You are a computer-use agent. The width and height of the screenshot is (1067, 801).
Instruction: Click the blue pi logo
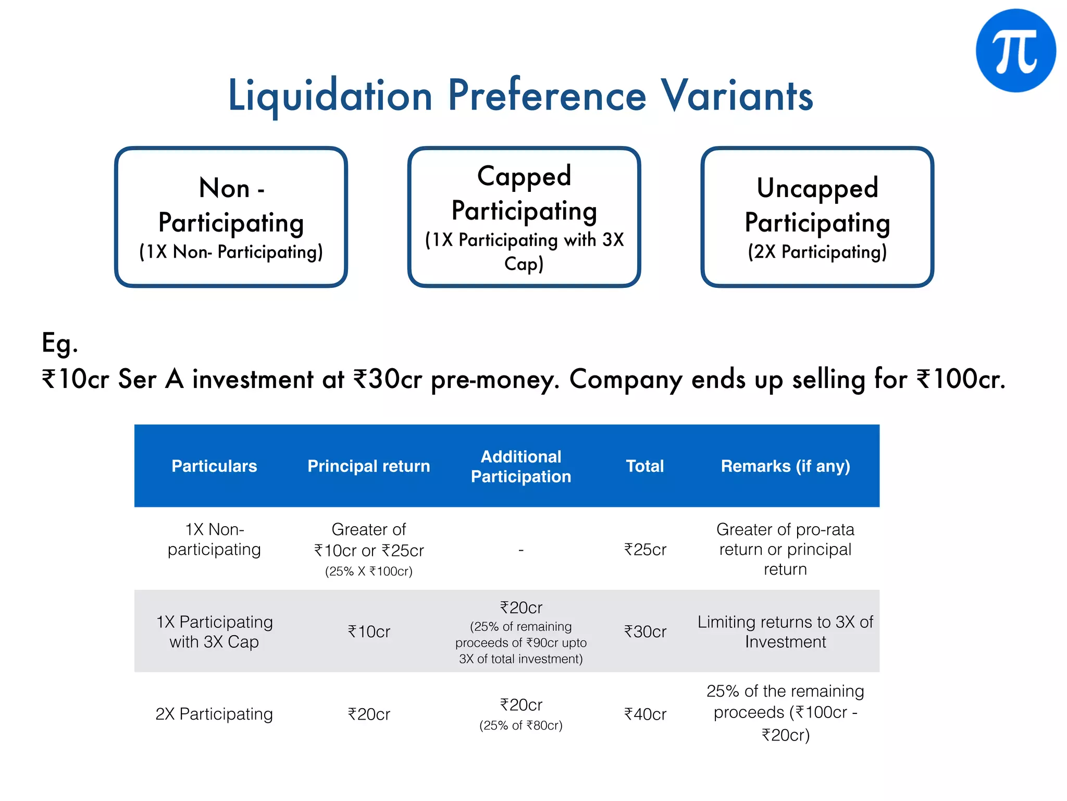coord(1015,51)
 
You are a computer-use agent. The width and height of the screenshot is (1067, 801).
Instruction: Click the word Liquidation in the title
coord(330,96)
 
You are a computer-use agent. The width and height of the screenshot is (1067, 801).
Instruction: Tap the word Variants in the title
coord(737,96)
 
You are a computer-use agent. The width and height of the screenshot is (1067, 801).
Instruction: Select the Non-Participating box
coord(231,217)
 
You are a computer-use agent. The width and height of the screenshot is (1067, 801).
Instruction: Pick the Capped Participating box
coord(524,217)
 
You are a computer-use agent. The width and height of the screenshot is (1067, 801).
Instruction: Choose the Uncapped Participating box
coord(817,217)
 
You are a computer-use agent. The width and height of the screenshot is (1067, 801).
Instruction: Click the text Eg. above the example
coord(60,343)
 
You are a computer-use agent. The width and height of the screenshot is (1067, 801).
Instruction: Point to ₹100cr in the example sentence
coord(960,379)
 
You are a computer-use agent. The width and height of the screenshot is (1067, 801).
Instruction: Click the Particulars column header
coord(214,466)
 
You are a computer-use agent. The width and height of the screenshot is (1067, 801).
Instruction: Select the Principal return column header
coord(369,466)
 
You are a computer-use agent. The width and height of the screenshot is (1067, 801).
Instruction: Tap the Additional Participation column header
coord(521,466)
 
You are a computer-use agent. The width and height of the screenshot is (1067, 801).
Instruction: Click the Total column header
coord(645,466)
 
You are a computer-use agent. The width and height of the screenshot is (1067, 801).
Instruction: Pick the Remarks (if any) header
coord(785,466)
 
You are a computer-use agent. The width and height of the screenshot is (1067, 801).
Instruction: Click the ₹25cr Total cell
coord(645,549)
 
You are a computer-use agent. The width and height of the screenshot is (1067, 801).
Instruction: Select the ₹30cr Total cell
coord(645,632)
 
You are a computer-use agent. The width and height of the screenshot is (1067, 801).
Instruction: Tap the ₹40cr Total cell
coord(645,714)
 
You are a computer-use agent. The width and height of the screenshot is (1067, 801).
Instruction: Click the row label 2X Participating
coord(214,714)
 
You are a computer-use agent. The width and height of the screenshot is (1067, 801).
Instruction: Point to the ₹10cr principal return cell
coord(369,632)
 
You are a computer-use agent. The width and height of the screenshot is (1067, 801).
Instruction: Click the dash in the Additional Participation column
coord(521,550)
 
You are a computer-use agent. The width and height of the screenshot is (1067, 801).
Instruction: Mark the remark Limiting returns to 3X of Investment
coord(785,632)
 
